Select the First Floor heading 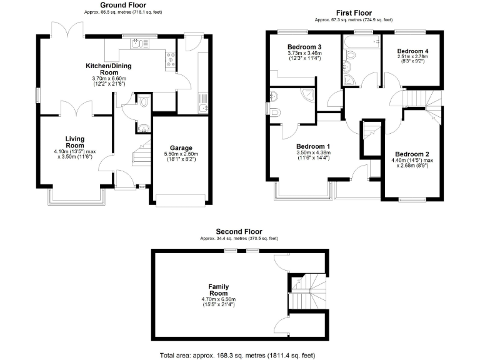354,12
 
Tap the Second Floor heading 239,231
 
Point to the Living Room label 74,142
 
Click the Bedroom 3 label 304,47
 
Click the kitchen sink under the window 136,43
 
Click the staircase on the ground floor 142,156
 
